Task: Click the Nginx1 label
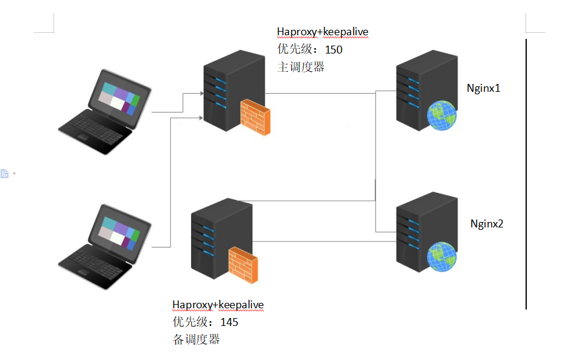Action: [x=483, y=88]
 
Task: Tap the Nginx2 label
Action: [x=487, y=223]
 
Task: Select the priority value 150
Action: [x=334, y=50]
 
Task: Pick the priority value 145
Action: [x=229, y=322]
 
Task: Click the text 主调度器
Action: [x=300, y=67]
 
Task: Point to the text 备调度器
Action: [x=196, y=339]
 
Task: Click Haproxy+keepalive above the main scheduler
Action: [x=322, y=32]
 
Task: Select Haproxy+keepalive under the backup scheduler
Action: [x=218, y=305]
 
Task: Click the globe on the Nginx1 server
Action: [x=442, y=116]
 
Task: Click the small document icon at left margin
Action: [x=5, y=174]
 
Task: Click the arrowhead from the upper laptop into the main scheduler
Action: [x=201, y=94]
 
